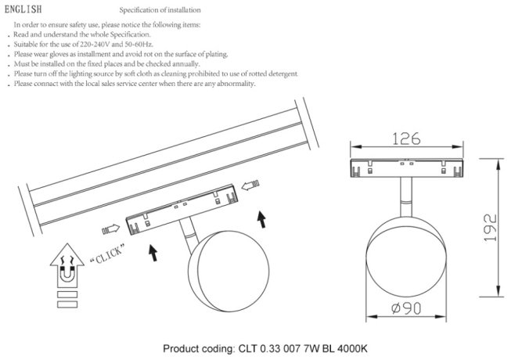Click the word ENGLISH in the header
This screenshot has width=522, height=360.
pos(27,10)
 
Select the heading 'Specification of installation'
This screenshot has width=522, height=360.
pos(159,11)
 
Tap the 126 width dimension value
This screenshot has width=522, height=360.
pos(404,139)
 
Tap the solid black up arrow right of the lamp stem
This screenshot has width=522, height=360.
pos(261,218)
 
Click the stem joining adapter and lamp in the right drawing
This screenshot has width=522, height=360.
pos(404,193)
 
